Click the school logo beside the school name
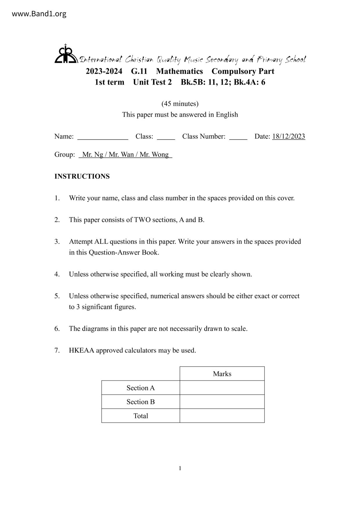(x=66, y=54)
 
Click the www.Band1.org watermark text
(x=39, y=14)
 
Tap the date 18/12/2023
(x=289, y=136)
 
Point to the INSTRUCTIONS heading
(x=82, y=176)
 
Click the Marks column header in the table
(x=222, y=374)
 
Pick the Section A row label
(x=141, y=388)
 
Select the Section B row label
(x=141, y=402)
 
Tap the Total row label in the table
(x=141, y=416)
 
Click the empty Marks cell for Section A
(x=222, y=388)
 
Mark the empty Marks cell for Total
(x=222, y=416)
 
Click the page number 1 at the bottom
(x=180, y=468)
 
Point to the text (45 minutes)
(x=180, y=104)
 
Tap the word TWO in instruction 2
(x=141, y=220)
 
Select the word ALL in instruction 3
(x=101, y=241)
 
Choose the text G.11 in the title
(x=139, y=71)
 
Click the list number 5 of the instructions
(x=57, y=296)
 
